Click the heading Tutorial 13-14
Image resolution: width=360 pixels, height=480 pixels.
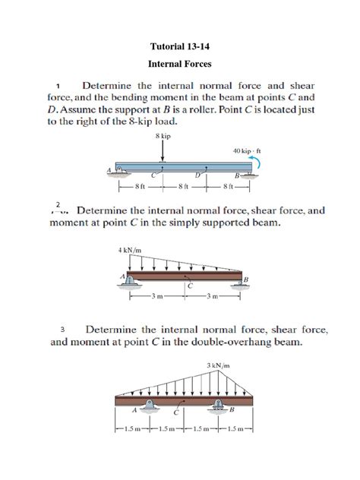pos(179,46)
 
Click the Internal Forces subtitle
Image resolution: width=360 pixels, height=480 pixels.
pos(179,64)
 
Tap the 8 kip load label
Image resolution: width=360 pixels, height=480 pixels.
pos(162,135)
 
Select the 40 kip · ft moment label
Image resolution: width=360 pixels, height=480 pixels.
pos(247,150)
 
